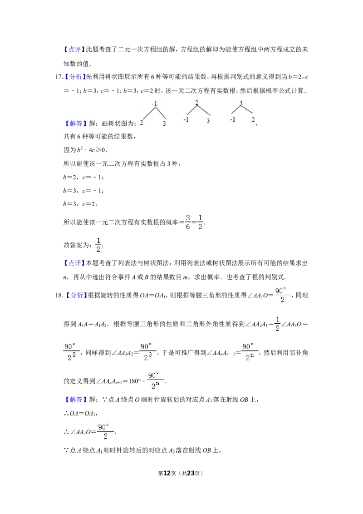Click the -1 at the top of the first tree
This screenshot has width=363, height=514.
(x=155, y=104)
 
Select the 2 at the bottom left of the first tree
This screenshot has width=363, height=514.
(x=141, y=123)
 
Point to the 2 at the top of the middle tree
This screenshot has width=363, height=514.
(x=197, y=102)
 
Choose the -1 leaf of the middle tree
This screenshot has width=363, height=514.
(x=186, y=120)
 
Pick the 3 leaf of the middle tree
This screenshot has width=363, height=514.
(x=208, y=121)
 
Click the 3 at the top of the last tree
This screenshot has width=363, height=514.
(x=241, y=103)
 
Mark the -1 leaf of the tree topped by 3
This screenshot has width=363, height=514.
(x=233, y=119)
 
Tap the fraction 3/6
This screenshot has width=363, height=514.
(x=187, y=222)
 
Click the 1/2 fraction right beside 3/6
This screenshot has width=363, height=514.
(x=201, y=222)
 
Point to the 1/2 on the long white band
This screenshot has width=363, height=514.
(x=98, y=245)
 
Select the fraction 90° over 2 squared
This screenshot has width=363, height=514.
(x=72, y=352)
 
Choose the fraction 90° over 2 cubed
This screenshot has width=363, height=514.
(x=148, y=352)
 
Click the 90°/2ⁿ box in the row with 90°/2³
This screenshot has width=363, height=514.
(x=250, y=352)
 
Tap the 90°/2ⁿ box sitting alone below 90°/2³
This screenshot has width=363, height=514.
(x=156, y=381)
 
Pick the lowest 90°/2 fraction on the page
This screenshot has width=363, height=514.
(x=105, y=432)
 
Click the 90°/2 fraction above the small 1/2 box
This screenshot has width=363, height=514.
(x=283, y=294)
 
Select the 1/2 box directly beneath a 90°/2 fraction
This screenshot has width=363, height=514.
(x=278, y=323)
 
